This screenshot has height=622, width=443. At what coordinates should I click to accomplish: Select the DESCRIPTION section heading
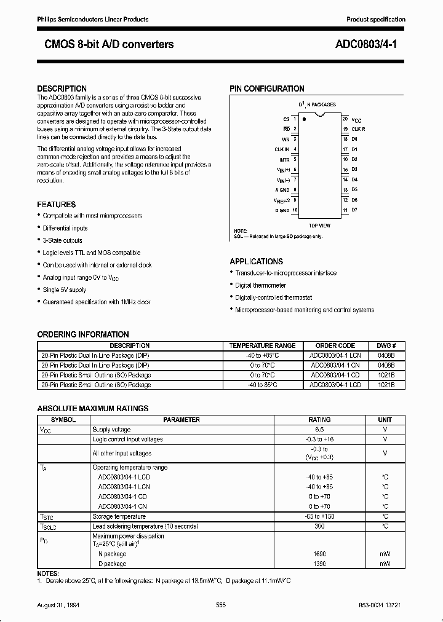click(x=62, y=89)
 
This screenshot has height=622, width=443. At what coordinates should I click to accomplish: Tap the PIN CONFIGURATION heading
click(x=267, y=89)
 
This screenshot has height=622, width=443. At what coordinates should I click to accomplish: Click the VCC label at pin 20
click(x=356, y=119)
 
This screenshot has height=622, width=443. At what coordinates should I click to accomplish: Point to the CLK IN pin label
click(x=281, y=149)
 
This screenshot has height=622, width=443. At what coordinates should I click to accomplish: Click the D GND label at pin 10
click(x=282, y=210)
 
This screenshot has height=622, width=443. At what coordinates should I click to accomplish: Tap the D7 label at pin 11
click(x=354, y=210)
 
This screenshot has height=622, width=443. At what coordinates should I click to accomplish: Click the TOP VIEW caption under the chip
click(x=319, y=226)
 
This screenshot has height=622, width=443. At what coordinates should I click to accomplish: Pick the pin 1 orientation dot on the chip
click(x=304, y=120)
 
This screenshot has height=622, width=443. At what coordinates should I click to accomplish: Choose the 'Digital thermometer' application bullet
click(x=260, y=285)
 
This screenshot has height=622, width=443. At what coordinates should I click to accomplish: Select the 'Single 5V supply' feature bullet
click(x=64, y=289)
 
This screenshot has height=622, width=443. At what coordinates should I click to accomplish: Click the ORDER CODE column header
click(x=335, y=345)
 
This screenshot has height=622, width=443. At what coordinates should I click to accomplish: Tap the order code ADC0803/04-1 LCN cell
click(x=335, y=355)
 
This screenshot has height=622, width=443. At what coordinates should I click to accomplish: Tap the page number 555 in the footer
click(x=221, y=605)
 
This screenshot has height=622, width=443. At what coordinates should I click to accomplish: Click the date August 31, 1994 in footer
click(x=58, y=605)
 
